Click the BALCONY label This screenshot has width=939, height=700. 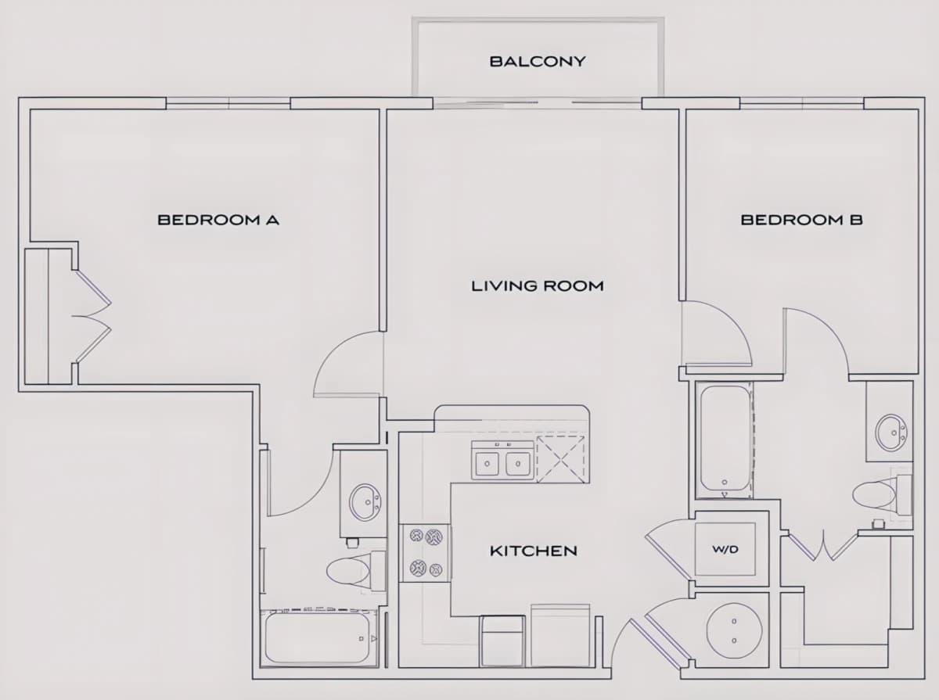(538, 62)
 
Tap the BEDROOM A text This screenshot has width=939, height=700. (218, 220)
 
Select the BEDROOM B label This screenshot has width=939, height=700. (802, 220)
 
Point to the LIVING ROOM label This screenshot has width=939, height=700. (538, 285)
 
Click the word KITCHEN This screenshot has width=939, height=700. (534, 551)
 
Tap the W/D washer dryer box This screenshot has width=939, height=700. (725, 549)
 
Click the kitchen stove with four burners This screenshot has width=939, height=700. (425, 552)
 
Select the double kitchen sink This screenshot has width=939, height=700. (502, 460)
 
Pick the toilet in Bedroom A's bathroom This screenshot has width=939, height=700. (356, 571)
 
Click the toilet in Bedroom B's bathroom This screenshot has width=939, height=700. (882, 495)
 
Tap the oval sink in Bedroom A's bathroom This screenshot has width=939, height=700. (365, 501)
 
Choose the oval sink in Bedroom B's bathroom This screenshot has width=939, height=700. (891, 433)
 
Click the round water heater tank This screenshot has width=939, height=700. (734, 630)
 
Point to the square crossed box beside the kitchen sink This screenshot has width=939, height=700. (561, 459)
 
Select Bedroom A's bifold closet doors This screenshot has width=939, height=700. (92, 316)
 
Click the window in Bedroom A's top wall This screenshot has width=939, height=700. (228, 103)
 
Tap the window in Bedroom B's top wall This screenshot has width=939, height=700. (802, 103)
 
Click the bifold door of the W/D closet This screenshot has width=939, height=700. (667, 551)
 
